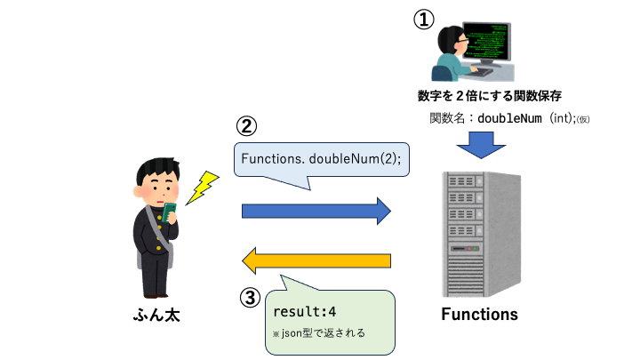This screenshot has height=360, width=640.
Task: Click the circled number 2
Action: pyautogui.click(x=247, y=127)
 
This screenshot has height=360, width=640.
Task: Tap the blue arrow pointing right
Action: pyautogui.click(x=316, y=211)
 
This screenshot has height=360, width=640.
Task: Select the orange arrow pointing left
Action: pyautogui.click(x=316, y=260)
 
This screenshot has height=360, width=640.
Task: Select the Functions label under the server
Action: pyautogui.click(x=479, y=314)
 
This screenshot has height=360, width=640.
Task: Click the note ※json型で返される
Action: pyautogui.click(x=318, y=333)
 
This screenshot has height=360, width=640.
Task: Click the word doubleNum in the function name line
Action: pyautogui.click(x=510, y=117)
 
